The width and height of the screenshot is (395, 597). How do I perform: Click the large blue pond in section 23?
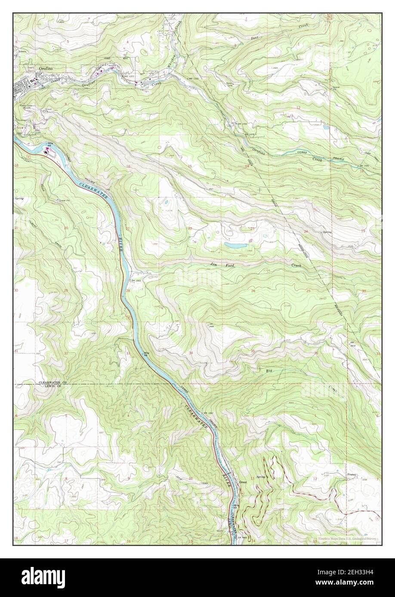click(235, 245)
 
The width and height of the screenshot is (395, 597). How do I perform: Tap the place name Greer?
click(244, 482)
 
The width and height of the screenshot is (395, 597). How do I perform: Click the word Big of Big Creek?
click(270, 370)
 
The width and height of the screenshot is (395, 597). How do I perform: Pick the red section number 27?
click(190, 291)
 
